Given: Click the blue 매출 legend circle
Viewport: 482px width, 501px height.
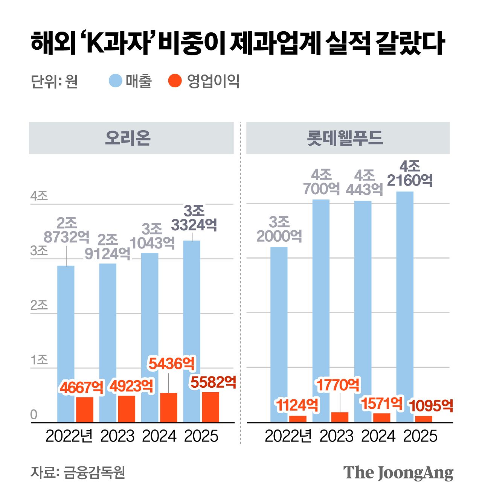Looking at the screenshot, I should (x=115, y=81).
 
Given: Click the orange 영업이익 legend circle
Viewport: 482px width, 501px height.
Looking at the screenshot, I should (x=175, y=81).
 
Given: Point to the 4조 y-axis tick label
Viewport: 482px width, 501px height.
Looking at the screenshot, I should (x=39, y=196).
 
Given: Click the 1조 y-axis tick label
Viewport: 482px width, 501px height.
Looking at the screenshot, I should (x=39, y=360).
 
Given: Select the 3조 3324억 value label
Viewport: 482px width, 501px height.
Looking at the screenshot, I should (x=194, y=218).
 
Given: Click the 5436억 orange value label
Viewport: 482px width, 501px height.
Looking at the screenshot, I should (x=172, y=364).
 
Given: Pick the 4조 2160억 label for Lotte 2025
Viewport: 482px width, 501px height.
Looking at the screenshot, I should (x=410, y=174).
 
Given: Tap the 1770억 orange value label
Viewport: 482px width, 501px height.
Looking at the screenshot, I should (x=338, y=385).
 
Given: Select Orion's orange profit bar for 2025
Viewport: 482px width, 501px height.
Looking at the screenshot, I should (x=210, y=407).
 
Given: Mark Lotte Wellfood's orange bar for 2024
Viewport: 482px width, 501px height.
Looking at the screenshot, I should (x=381, y=418).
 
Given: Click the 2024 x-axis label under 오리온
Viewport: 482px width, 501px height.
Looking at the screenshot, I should (x=159, y=436).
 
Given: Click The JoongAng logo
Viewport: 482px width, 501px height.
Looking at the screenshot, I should (x=398, y=473).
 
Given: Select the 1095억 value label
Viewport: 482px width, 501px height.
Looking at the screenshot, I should (x=431, y=405).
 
